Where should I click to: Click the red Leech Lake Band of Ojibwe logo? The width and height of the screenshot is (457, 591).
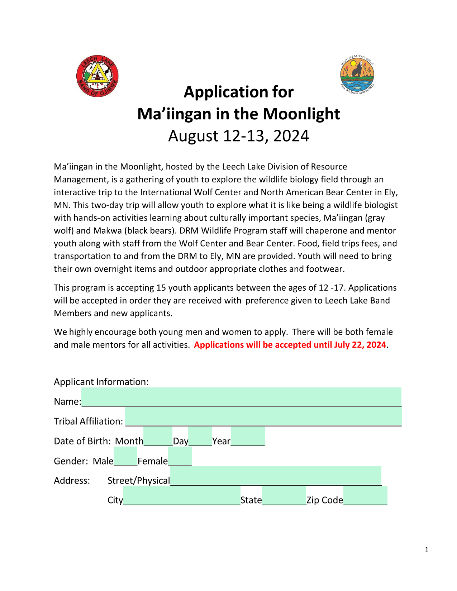97,76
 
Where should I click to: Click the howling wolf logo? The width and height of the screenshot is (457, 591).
357,75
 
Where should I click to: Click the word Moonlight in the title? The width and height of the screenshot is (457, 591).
301,114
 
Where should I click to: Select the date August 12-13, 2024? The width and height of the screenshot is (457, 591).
238,136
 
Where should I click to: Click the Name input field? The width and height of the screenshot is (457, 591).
241,397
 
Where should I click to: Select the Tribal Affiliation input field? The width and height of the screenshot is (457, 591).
263,416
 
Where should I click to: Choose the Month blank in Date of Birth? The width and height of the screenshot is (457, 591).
158,436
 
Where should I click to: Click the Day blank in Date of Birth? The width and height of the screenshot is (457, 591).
200,436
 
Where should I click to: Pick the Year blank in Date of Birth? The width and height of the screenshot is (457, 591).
248,436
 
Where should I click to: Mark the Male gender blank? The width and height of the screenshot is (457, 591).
125,456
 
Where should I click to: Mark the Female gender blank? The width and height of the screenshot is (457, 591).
180,456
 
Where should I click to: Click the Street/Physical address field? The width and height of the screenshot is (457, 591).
275,476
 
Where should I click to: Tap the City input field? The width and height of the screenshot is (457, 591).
181,495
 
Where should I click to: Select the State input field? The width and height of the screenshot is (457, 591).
284,495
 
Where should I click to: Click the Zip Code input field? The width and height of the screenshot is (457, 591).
365,495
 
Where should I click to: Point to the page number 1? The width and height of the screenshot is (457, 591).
427,550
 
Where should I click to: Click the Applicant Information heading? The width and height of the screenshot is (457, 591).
101,382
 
